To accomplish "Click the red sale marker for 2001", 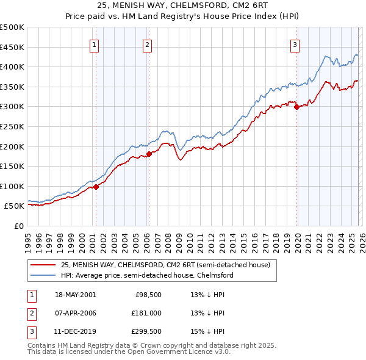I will click(x=96, y=187).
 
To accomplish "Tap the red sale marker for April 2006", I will click(x=149, y=154).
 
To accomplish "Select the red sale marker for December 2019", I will click(x=296, y=107).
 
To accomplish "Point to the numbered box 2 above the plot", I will click(x=148, y=44).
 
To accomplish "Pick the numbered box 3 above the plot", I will click(x=295, y=44).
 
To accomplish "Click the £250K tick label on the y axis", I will click(x=12, y=126).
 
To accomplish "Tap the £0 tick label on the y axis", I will click(x=19, y=226).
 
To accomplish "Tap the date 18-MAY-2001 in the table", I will click(x=75, y=295).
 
